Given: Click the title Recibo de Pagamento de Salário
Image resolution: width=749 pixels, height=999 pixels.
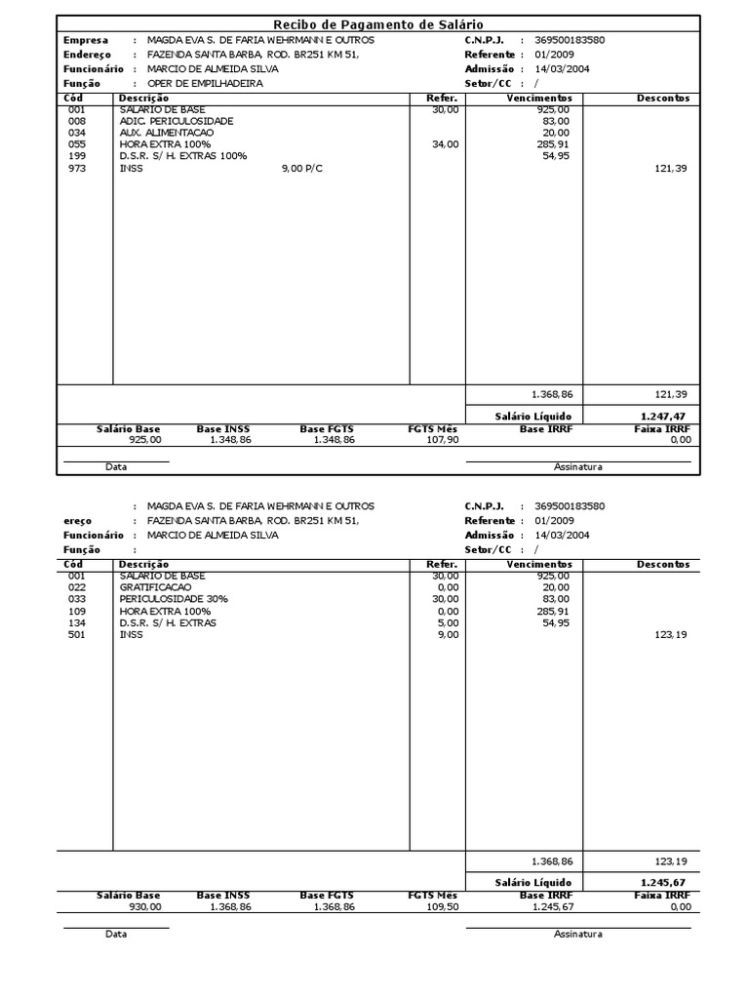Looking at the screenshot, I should pyautogui.click(x=377, y=23).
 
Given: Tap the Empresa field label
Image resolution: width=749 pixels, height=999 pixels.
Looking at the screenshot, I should pyautogui.click(x=86, y=41).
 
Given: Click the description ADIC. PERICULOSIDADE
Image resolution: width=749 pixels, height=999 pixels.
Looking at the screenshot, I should pyautogui.click(x=177, y=120).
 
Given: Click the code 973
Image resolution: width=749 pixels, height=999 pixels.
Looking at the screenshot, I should pyautogui.click(x=77, y=168).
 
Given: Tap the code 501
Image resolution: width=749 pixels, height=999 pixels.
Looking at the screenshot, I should pyautogui.click(x=77, y=635).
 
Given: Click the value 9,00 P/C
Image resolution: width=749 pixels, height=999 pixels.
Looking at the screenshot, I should pyautogui.click(x=304, y=168).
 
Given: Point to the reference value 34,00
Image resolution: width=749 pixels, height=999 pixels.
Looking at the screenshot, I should pyautogui.click(x=445, y=144).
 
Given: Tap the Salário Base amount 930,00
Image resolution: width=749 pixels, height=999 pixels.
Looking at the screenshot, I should pyautogui.click(x=143, y=907).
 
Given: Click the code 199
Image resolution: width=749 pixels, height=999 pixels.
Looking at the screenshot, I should pyautogui.click(x=77, y=156).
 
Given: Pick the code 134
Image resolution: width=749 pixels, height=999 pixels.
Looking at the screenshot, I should pyautogui.click(x=77, y=623).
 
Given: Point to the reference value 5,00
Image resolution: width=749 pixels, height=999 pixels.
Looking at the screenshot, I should pyautogui.click(x=448, y=623).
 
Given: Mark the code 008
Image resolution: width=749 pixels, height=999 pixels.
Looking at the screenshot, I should pyautogui.click(x=77, y=120).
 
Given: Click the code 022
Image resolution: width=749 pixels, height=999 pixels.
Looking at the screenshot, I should pyautogui.click(x=77, y=588).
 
